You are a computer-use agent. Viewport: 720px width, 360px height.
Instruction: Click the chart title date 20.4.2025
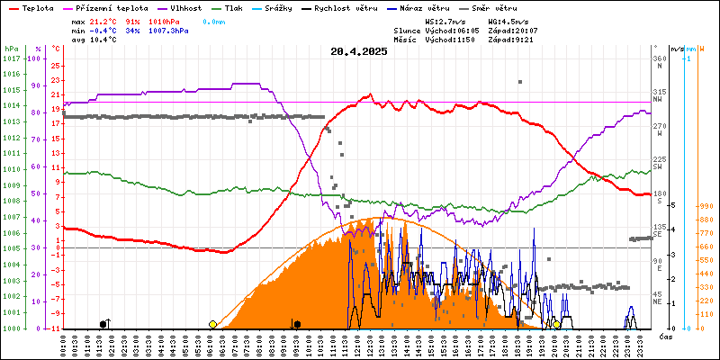(359, 51)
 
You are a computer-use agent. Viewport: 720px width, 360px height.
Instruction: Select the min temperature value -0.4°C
(105, 30)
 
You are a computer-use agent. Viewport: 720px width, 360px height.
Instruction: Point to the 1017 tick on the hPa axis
(12, 58)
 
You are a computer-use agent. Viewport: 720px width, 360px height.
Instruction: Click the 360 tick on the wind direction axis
(660, 58)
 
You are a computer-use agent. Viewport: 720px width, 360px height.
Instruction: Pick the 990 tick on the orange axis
(706, 206)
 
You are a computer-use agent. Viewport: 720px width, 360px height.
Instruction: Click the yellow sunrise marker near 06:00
(212, 324)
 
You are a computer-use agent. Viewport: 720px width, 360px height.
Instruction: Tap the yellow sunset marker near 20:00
(557, 324)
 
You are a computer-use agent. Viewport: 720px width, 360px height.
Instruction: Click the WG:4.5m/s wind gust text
(508, 20)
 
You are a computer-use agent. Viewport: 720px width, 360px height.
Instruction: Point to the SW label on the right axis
(658, 167)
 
